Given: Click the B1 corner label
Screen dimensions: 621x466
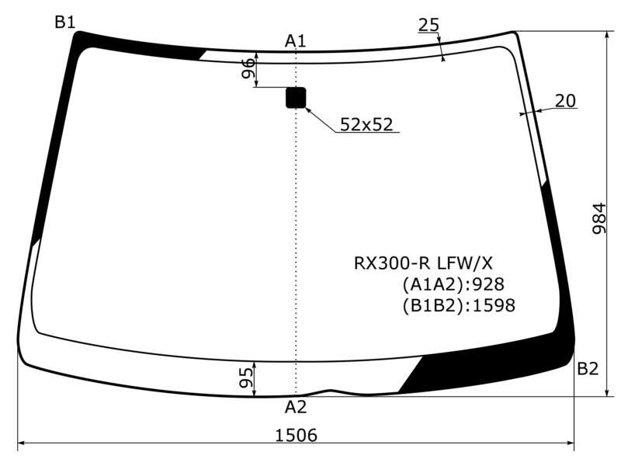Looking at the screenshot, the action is pos(65,23).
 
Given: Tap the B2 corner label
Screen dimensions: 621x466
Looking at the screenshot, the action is pos(588,368).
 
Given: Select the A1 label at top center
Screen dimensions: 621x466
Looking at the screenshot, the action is pos(296,41).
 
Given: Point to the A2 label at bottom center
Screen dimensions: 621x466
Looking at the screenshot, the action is pos(296,407).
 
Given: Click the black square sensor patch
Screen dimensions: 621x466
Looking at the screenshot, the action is pos(296,98).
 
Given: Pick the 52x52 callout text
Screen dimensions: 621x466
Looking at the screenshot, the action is pos(366,124).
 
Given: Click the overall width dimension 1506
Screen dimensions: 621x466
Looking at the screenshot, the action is pos(297,435).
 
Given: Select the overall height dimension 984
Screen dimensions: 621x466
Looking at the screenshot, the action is pos(599,218).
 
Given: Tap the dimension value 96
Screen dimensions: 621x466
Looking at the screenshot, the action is pos(248,68).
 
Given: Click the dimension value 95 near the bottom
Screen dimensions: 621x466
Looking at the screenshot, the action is pos(246,377).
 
